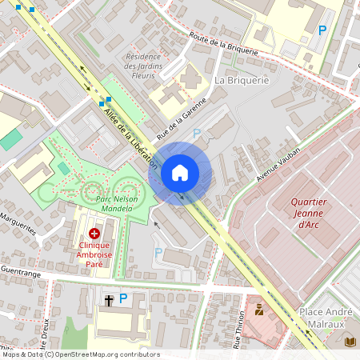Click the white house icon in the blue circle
click(x=180, y=172)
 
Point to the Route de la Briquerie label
click(x=224, y=42)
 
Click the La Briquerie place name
click(x=242, y=80)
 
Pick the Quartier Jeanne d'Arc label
click(x=309, y=214)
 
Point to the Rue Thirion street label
click(x=238, y=330)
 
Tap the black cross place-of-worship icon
click(x=109, y=300)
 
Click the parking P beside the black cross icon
click(x=123, y=298)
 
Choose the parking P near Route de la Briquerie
click(x=322, y=30)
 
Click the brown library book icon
click(x=350, y=342)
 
